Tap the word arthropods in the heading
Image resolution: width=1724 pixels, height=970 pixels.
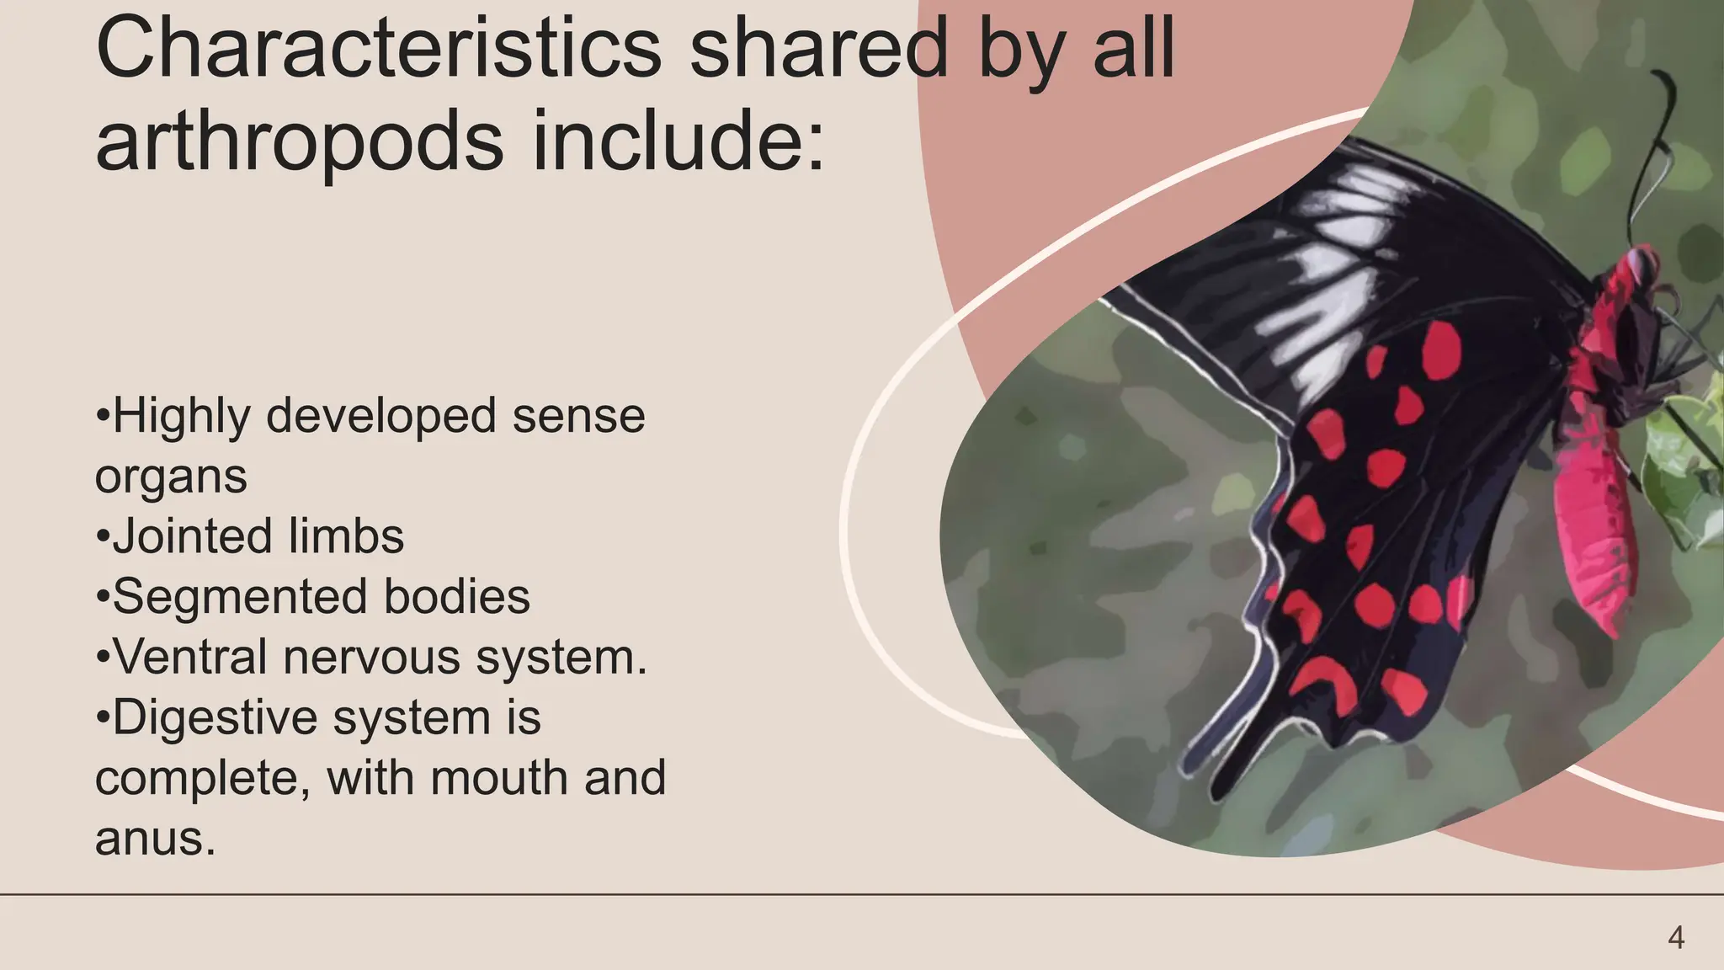point(299,141)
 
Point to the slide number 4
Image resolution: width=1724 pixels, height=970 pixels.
point(1675,937)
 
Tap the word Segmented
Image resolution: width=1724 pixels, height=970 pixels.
point(239,597)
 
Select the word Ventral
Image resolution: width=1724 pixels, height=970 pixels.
point(190,657)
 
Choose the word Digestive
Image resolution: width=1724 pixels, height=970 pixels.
point(214,717)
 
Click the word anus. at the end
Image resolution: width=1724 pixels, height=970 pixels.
point(155,839)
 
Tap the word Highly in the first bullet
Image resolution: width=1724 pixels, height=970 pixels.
point(181,416)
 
